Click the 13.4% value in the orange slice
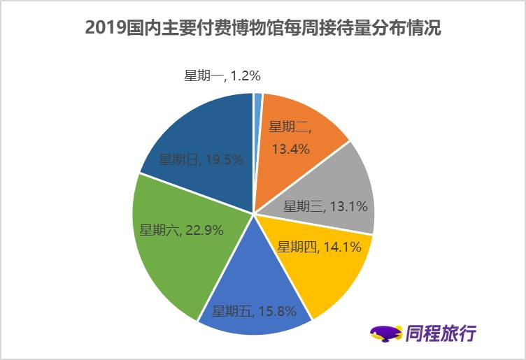coord(291,148)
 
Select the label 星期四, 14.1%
coord(319,247)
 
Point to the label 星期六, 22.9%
coord(181,230)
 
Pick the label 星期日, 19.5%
coord(201,159)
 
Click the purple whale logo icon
coord(385,333)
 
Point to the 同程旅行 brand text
coord(441,333)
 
